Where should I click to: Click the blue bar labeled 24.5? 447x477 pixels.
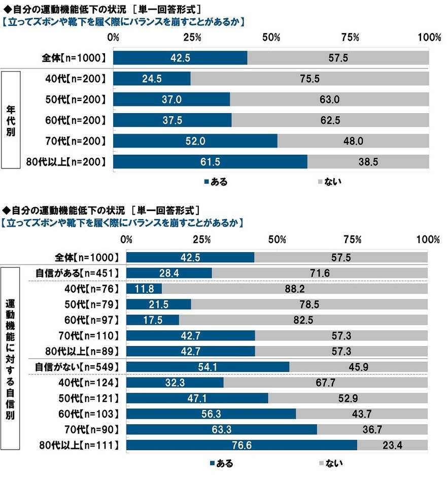click(152, 79)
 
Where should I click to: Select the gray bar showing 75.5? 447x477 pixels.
click(310, 79)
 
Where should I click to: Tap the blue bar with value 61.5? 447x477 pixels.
click(210, 162)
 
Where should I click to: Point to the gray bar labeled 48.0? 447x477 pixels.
click(353, 141)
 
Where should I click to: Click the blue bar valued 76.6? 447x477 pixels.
click(242, 446)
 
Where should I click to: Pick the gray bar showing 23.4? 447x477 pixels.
click(392, 446)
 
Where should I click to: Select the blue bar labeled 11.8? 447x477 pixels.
click(144, 289)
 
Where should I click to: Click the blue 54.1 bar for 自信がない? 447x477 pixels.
click(208, 367)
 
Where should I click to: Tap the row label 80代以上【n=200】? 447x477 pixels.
click(65, 162)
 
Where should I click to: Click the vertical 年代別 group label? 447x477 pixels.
click(10, 119)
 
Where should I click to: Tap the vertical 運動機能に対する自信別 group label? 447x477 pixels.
click(10, 359)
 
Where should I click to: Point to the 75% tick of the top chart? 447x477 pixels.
click(351, 38)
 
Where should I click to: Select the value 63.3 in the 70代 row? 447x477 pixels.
click(221, 430)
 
